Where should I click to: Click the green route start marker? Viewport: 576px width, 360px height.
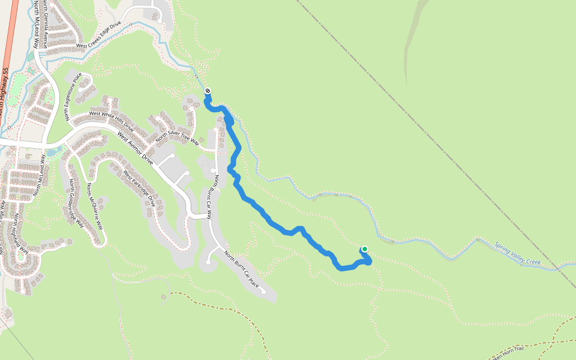364,250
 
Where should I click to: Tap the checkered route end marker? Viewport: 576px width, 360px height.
208,91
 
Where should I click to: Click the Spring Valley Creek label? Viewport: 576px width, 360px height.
518,254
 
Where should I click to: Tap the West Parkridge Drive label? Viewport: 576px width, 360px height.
139,189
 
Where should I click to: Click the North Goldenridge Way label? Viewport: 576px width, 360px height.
76,203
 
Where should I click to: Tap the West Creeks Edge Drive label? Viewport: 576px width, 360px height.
98,35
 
